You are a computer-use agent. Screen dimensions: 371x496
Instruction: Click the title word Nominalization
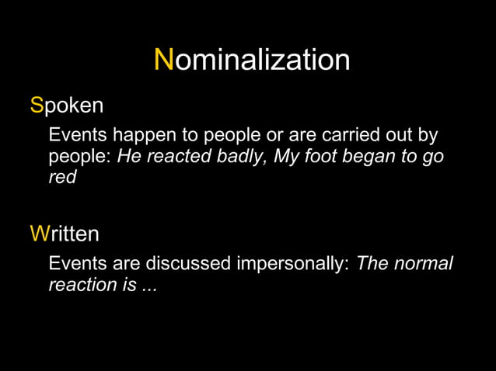tap(252, 60)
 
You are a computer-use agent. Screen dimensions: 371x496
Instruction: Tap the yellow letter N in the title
tap(164, 60)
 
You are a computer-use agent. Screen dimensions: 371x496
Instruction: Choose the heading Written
tap(65, 233)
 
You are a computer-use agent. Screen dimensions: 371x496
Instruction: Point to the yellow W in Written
tap(39, 233)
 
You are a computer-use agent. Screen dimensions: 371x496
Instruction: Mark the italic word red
tap(63, 177)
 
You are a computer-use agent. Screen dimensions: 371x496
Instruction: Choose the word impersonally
tap(292, 264)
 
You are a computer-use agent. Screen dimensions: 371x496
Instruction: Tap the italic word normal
tap(424, 264)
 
